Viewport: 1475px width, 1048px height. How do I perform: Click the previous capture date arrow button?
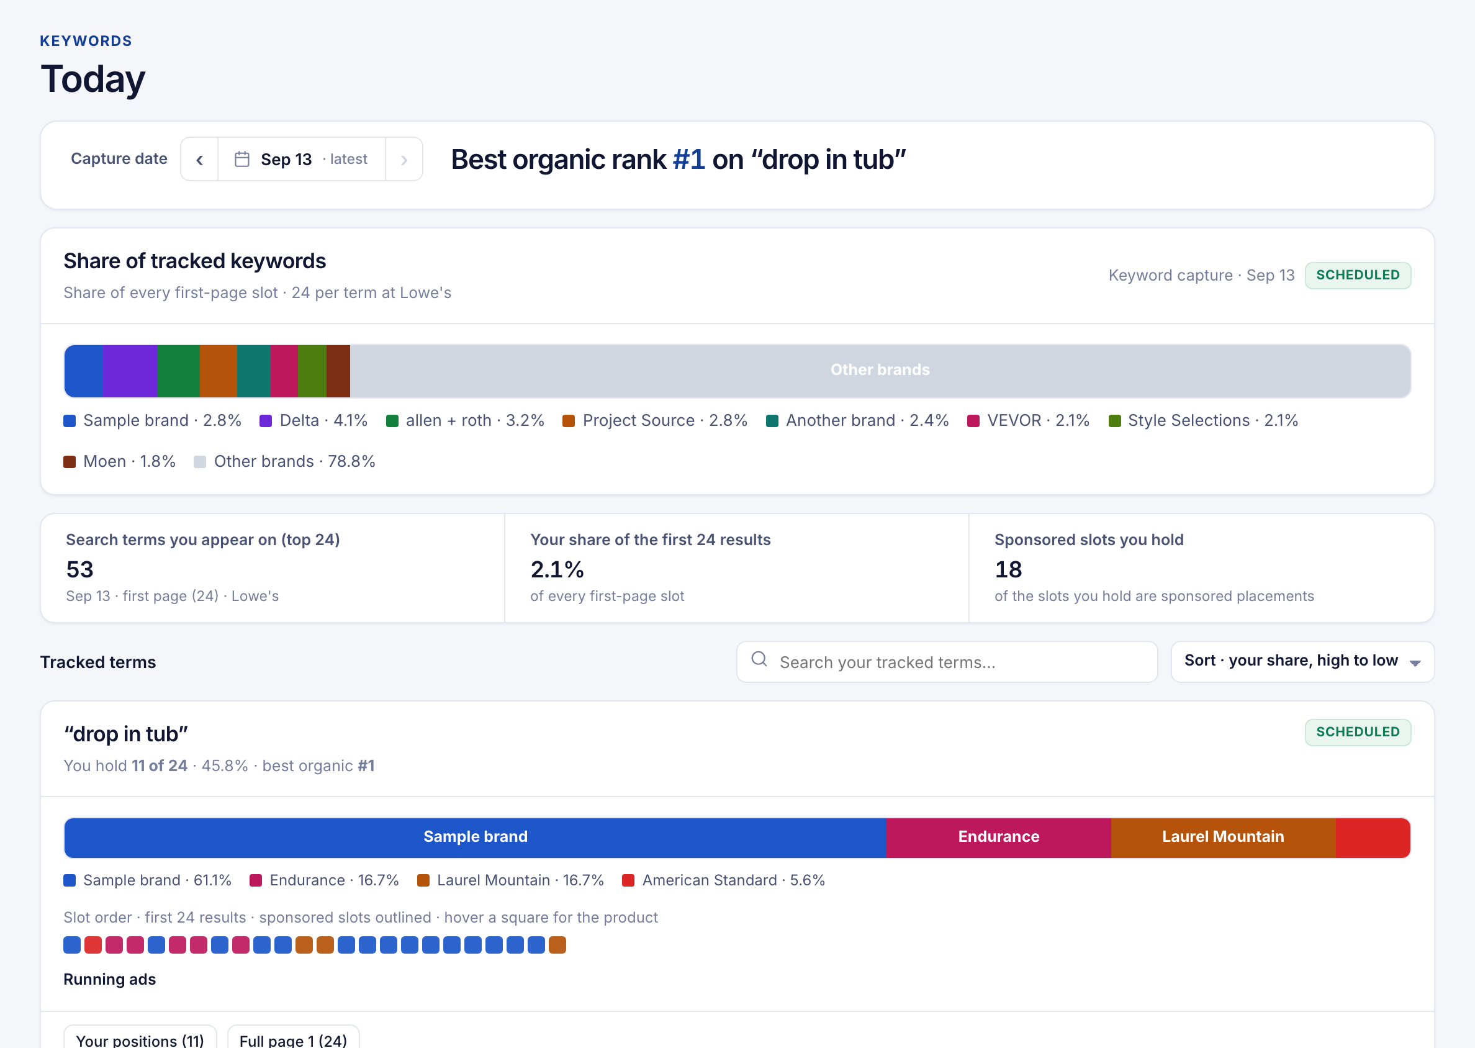pyautogui.click(x=199, y=160)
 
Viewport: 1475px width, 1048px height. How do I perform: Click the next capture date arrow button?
pyautogui.click(x=404, y=160)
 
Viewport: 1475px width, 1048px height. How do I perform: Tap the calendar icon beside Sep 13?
pyautogui.click(x=242, y=160)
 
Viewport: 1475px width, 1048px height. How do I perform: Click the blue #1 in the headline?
pyautogui.click(x=688, y=160)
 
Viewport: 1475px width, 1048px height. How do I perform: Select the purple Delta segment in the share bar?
pyautogui.click(x=130, y=371)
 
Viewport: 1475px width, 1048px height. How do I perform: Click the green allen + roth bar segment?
pyautogui.click(x=179, y=371)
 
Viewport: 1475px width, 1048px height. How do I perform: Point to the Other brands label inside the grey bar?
pyautogui.click(x=880, y=370)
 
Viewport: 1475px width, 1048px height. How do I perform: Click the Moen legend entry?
pyautogui.click(x=119, y=461)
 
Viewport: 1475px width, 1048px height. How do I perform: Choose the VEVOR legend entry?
pyautogui.click(x=1029, y=421)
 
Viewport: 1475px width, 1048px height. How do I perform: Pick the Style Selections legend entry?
pyautogui.click(x=1203, y=421)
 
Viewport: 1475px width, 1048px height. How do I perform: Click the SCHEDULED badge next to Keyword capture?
pyautogui.click(x=1358, y=276)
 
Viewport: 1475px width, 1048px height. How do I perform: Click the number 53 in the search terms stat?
pyautogui.click(x=80, y=569)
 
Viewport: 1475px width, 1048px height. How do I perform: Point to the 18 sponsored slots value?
pyautogui.click(x=1009, y=569)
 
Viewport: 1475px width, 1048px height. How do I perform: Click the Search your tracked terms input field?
pyautogui.click(x=947, y=662)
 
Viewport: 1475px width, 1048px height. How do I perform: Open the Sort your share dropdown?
pyautogui.click(x=1302, y=662)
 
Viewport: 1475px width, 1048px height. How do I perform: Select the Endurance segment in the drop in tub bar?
pyautogui.click(x=998, y=838)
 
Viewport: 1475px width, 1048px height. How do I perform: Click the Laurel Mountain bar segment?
pyautogui.click(x=1223, y=838)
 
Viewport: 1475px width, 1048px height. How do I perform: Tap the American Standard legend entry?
pyautogui.click(x=723, y=880)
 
